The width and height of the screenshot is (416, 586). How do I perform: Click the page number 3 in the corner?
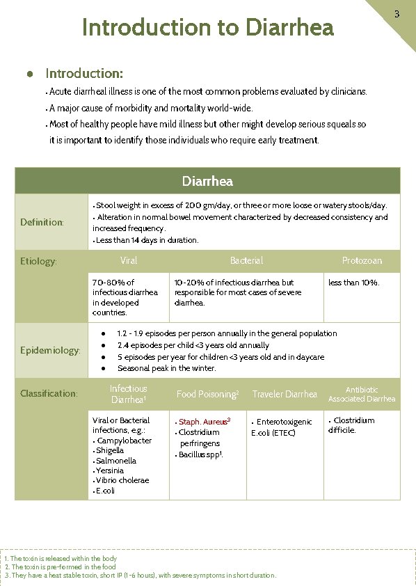point(397,14)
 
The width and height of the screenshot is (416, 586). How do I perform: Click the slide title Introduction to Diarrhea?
point(208,28)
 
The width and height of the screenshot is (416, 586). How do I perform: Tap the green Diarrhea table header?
point(207,182)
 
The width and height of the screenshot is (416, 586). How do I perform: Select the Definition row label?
point(42,222)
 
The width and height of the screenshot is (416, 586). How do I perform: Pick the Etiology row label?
point(38,262)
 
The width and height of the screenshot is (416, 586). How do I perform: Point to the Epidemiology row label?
point(50,350)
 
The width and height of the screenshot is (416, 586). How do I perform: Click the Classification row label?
point(48,394)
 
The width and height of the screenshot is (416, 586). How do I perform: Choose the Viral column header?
point(129,260)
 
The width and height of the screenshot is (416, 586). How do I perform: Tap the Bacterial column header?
point(246,260)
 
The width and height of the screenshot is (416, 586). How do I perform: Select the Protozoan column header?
point(362,260)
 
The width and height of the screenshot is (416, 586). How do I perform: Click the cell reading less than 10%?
point(354,283)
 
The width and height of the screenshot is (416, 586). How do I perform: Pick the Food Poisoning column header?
point(207,394)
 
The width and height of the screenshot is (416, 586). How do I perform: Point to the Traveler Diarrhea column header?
point(285,394)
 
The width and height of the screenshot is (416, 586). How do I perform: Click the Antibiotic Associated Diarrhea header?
point(362,394)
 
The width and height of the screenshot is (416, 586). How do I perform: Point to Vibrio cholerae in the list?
point(123,480)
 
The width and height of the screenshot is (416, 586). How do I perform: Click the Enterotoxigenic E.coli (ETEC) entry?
point(282,427)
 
